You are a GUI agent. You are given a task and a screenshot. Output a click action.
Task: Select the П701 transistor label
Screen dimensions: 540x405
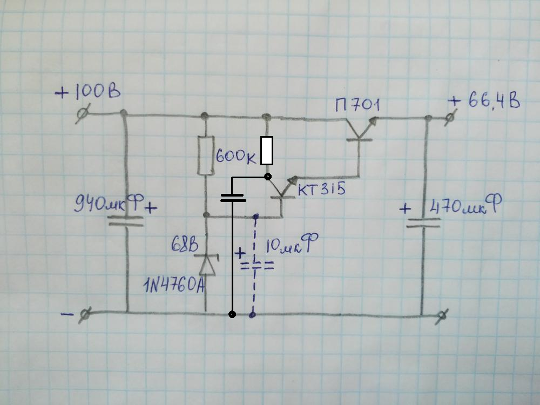click(x=357, y=105)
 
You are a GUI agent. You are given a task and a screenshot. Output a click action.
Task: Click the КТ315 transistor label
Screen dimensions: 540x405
click(x=321, y=188)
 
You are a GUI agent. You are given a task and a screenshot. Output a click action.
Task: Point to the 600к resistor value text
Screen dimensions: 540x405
click(x=237, y=157)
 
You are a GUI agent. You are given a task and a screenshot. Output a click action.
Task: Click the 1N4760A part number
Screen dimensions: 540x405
click(x=174, y=285)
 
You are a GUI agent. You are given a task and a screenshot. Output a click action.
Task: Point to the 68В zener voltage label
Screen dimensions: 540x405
click(x=185, y=245)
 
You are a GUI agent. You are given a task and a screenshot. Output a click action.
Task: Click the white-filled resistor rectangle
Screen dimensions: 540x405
click(x=267, y=151)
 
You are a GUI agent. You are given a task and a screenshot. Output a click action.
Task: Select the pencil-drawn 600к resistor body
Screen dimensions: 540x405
click(x=206, y=156)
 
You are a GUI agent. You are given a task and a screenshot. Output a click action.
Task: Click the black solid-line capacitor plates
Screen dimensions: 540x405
click(x=233, y=198)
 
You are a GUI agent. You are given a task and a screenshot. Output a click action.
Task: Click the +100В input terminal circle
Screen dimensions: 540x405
click(x=83, y=113)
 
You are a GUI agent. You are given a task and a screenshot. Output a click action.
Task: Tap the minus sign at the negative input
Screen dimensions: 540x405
click(x=67, y=314)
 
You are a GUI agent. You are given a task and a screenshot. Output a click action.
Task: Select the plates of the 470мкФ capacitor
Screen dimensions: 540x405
click(x=423, y=223)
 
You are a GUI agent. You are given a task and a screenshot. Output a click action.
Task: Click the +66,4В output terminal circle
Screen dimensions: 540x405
click(x=450, y=118)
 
